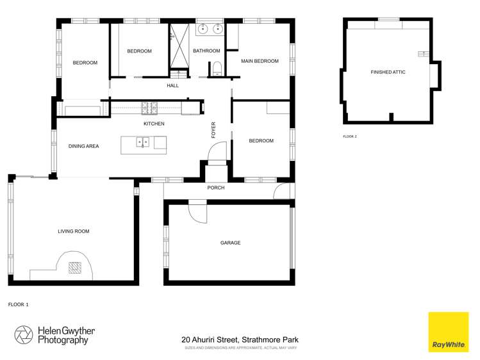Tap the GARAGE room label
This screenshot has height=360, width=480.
230,243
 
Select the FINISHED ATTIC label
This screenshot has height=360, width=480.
388,72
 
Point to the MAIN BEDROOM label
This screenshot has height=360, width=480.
260,61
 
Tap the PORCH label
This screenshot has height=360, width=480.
215,188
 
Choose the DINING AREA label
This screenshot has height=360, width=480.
83,146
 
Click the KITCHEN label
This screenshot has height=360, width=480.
154,124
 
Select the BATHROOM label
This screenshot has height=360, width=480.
206,51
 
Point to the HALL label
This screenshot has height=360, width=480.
172,85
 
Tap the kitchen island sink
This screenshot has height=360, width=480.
144,143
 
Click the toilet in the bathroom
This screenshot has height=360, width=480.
217,68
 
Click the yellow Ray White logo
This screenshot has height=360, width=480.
449,332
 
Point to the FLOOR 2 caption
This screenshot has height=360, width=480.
349,136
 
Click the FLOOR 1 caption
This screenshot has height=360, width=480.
18,304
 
